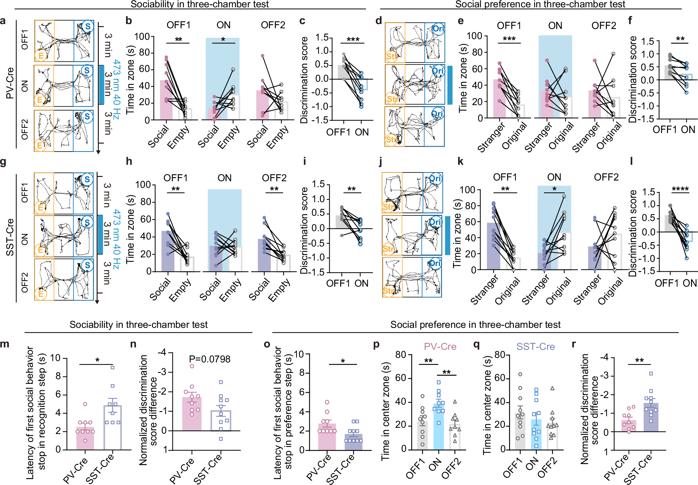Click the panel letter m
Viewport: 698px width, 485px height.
tap(5, 344)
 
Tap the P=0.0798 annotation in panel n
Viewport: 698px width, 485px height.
tap(210, 359)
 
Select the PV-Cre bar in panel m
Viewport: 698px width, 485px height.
tap(85, 438)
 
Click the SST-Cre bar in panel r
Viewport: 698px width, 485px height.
tap(651, 418)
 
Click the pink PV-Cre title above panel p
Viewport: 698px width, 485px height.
tap(440, 347)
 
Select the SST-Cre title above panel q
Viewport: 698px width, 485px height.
tap(535, 347)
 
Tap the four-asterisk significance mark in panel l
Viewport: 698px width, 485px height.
tap(680, 190)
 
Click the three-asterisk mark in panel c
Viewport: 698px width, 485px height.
tap(353, 39)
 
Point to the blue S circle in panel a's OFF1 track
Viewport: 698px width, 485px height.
tap(88, 26)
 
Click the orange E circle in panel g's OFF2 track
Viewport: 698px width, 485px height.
tap(41, 294)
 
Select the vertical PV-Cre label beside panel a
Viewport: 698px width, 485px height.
tap(10, 83)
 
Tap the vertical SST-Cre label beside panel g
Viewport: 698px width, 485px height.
tap(10, 237)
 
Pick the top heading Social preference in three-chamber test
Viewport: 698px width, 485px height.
tap(540, 4)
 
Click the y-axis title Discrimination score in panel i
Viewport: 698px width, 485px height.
tap(304, 230)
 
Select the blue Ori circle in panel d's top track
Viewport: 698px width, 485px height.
tap(438, 29)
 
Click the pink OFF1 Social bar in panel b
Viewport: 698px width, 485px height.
tap(166, 100)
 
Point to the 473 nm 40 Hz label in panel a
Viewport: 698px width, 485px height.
tap(117, 84)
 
